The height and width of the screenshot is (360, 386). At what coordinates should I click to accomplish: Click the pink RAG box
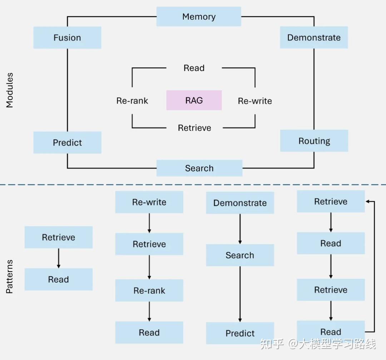(194, 100)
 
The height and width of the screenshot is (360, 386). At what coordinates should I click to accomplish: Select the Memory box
(199, 16)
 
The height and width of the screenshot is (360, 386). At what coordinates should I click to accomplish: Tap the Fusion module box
(67, 38)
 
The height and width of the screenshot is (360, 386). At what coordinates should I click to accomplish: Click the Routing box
(314, 141)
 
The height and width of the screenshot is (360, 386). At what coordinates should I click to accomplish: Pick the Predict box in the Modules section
(67, 142)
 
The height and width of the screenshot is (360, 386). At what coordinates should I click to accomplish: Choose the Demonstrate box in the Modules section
(314, 38)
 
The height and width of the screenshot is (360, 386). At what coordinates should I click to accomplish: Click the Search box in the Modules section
(199, 168)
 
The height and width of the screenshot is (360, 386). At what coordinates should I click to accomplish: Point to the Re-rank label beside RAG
(132, 101)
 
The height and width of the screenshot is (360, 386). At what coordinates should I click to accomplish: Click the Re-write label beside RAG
(255, 101)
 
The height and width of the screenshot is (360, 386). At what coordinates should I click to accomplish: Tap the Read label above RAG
(194, 68)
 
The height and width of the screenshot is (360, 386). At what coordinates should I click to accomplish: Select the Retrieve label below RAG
(194, 128)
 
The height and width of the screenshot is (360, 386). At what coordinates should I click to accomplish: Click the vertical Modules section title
(10, 90)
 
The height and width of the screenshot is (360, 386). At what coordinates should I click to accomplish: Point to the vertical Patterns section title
(9, 276)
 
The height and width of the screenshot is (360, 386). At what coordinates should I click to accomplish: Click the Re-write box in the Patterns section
(149, 202)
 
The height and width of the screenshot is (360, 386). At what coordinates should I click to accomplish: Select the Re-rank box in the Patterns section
(149, 290)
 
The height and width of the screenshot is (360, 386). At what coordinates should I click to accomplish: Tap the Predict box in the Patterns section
(240, 333)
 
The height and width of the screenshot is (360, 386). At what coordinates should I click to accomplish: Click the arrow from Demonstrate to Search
(240, 229)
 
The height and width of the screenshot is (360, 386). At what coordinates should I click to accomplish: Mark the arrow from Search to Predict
(240, 294)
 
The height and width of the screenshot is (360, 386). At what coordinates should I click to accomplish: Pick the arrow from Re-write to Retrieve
(149, 223)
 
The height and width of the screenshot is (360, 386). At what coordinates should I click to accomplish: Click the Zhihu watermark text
(318, 344)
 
